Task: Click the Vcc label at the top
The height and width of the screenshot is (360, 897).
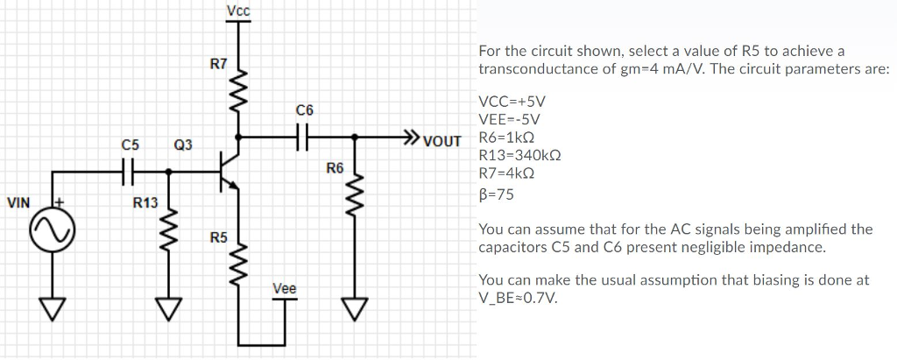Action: (237, 11)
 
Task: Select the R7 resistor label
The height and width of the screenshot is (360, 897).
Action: (218, 64)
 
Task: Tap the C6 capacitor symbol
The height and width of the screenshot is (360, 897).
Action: (304, 137)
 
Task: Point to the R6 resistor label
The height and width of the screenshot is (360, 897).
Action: (335, 167)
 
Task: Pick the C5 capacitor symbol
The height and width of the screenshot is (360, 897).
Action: (131, 173)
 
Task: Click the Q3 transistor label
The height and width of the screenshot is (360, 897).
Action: (184, 143)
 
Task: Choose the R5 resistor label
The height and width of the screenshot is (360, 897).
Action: (218, 237)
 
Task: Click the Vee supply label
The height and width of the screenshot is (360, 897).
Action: (284, 287)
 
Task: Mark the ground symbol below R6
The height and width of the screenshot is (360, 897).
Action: (355, 307)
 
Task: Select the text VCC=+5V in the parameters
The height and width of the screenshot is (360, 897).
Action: (512, 101)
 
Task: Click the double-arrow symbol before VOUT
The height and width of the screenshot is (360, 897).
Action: (410, 137)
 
